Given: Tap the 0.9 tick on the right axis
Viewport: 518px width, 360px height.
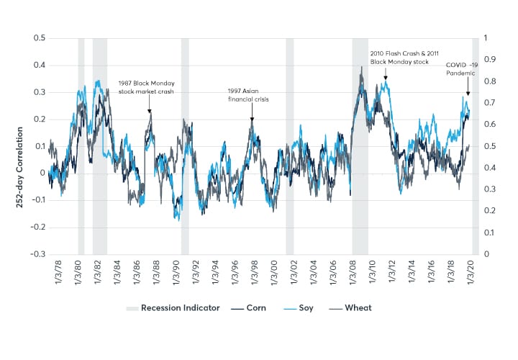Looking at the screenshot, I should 487,59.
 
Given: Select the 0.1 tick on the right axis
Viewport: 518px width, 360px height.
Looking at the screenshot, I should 487,233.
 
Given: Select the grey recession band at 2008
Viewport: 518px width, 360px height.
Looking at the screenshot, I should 360,144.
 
